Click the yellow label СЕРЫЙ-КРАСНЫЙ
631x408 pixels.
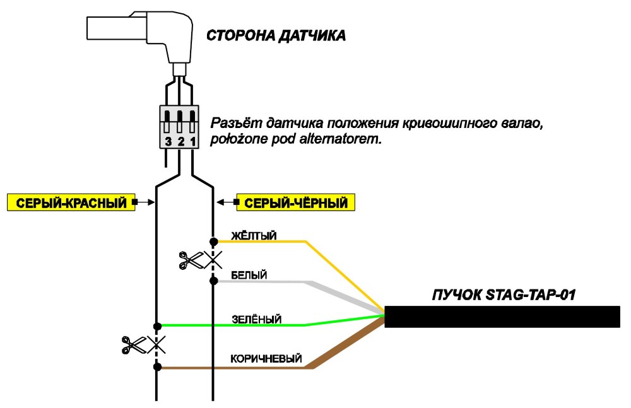point(71,202)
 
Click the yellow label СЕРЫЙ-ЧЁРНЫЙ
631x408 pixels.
point(295,202)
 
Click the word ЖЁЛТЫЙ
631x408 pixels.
point(254,235)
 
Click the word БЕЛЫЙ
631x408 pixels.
point(249,275)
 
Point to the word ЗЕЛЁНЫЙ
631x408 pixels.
point(256,320)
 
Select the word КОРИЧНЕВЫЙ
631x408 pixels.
point(266,359)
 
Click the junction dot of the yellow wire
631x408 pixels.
point(214,242)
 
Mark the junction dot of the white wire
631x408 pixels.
point(214,281)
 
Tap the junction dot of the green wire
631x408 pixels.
point(157,326)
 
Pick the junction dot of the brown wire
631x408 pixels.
point(157,367)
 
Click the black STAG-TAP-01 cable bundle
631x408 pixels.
point(502,317)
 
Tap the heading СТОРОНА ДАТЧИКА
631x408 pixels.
point(276,35)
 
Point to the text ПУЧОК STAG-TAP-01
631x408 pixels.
point(504,294)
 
